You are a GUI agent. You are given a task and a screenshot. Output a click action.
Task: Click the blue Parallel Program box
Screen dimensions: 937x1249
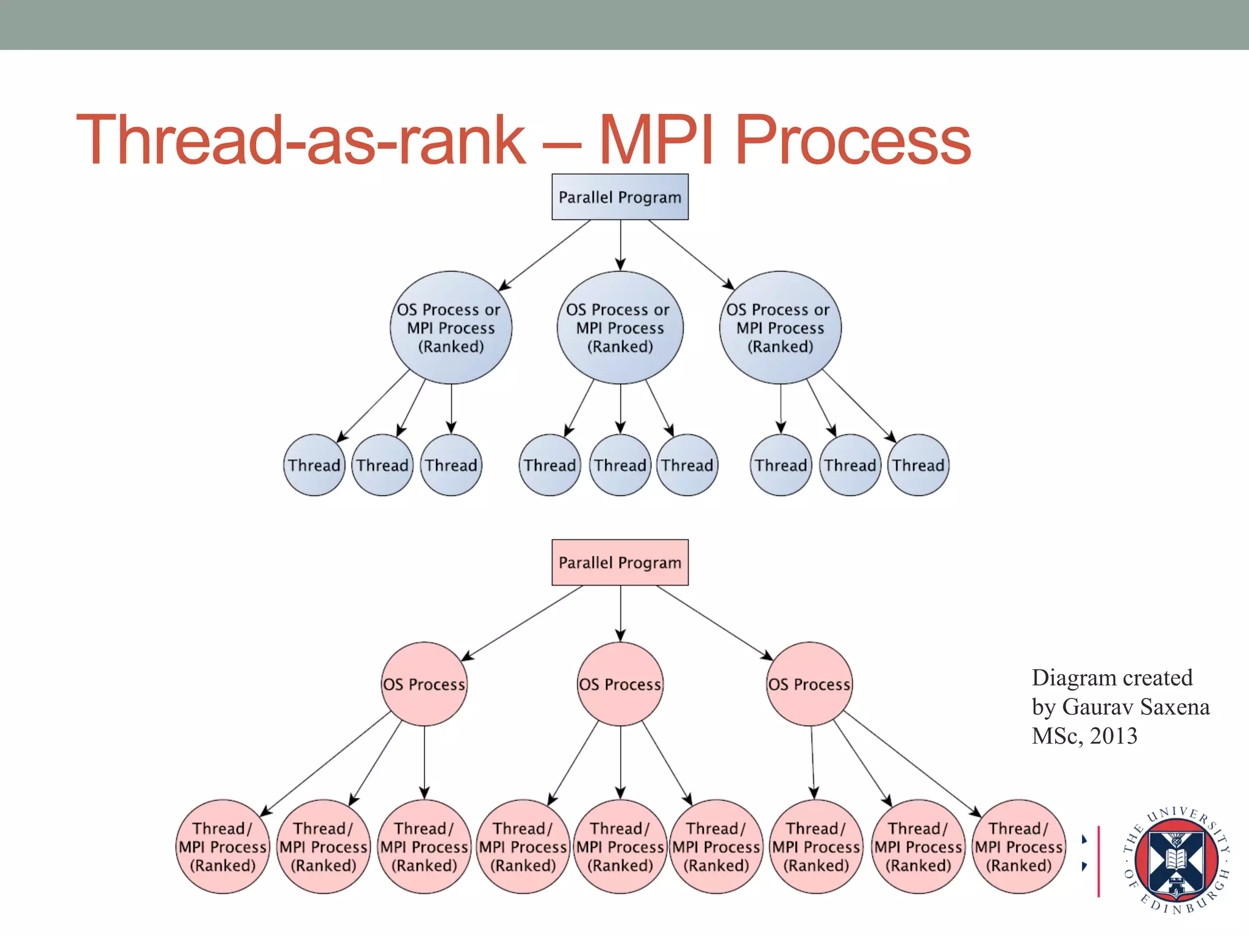[620, 197]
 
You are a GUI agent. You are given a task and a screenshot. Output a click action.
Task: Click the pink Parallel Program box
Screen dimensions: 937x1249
[620, 562]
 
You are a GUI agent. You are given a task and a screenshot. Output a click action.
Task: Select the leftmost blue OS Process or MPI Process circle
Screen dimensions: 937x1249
[451, 328]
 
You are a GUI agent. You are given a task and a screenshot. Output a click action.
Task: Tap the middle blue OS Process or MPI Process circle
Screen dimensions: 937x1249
[620, 328]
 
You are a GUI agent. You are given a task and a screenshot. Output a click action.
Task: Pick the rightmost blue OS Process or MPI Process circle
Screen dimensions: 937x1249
[780, 328]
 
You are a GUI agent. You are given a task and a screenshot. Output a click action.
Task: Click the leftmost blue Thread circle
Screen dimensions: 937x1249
[314, 465]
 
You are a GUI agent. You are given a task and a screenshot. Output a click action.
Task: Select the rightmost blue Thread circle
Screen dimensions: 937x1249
[918, 465]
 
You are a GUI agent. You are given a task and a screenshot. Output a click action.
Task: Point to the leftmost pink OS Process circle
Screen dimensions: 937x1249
[424, 684]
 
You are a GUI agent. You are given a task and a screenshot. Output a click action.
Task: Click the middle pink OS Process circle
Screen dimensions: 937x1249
[620, 684]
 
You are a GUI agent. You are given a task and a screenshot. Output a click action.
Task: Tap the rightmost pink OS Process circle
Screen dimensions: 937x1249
[809, 684]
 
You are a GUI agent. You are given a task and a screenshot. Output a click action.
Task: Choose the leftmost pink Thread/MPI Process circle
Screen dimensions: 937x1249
[223, 847]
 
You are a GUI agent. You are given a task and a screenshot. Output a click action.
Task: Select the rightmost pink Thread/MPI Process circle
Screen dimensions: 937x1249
[1018, 847]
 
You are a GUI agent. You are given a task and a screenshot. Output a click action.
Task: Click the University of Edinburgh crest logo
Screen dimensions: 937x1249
[1176, 860]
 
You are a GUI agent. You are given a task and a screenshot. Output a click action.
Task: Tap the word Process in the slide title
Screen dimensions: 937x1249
[853, 140]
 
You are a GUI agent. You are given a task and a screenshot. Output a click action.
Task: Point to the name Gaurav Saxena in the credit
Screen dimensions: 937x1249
[1136, 707]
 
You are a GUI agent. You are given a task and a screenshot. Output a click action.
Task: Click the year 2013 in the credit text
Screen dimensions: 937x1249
[1114, 736]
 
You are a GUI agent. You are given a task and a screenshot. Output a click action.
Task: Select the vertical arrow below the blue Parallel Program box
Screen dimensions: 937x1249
[620, 244]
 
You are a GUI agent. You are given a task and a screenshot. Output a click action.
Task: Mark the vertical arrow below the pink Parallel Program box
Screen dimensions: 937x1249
[620, 612]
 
